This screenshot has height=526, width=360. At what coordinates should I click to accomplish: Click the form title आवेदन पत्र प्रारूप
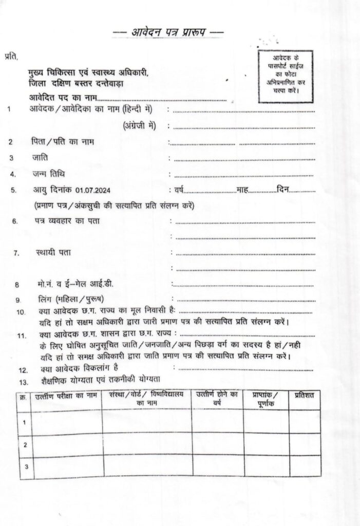168,33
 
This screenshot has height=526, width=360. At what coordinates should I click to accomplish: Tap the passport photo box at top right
286,73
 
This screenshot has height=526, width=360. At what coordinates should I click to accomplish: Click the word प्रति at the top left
11,55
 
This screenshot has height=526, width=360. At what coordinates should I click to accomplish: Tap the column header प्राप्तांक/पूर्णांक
266,399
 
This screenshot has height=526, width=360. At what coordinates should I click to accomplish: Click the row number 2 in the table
25,444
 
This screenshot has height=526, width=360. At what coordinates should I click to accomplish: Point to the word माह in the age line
242,191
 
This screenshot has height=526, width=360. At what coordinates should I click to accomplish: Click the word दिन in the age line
282,191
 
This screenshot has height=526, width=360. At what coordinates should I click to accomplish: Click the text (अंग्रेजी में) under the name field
140,125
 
